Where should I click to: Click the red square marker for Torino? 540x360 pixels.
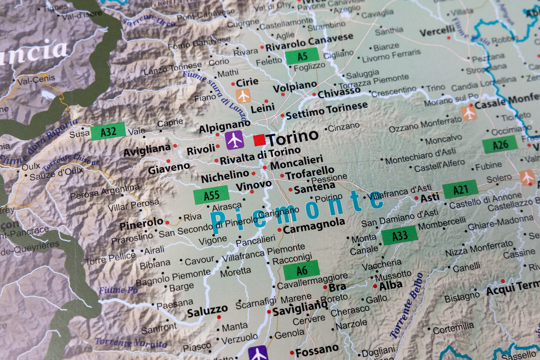[259, 140]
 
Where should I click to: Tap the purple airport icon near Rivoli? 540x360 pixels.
[235, 140]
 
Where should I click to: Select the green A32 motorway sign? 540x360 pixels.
[108, 131]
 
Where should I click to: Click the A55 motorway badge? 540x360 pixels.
[211, 195]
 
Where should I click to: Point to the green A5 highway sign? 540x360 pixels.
[302, 56]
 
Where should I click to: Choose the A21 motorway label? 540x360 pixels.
[460, 189]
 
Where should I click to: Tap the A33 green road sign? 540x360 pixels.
[400, 236]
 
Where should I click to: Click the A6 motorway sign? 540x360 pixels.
[301, 270]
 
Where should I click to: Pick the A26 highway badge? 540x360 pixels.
[500, 145]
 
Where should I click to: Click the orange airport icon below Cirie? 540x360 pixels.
[243, 96]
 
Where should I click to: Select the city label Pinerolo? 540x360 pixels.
[141, 224]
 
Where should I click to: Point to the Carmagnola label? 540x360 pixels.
[314, 225]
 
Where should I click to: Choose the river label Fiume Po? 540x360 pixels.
[118, 290]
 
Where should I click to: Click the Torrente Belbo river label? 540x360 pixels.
[407, 306]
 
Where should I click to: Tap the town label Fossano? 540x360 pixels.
[317, 350]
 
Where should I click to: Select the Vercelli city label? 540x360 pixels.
[437, 32]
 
